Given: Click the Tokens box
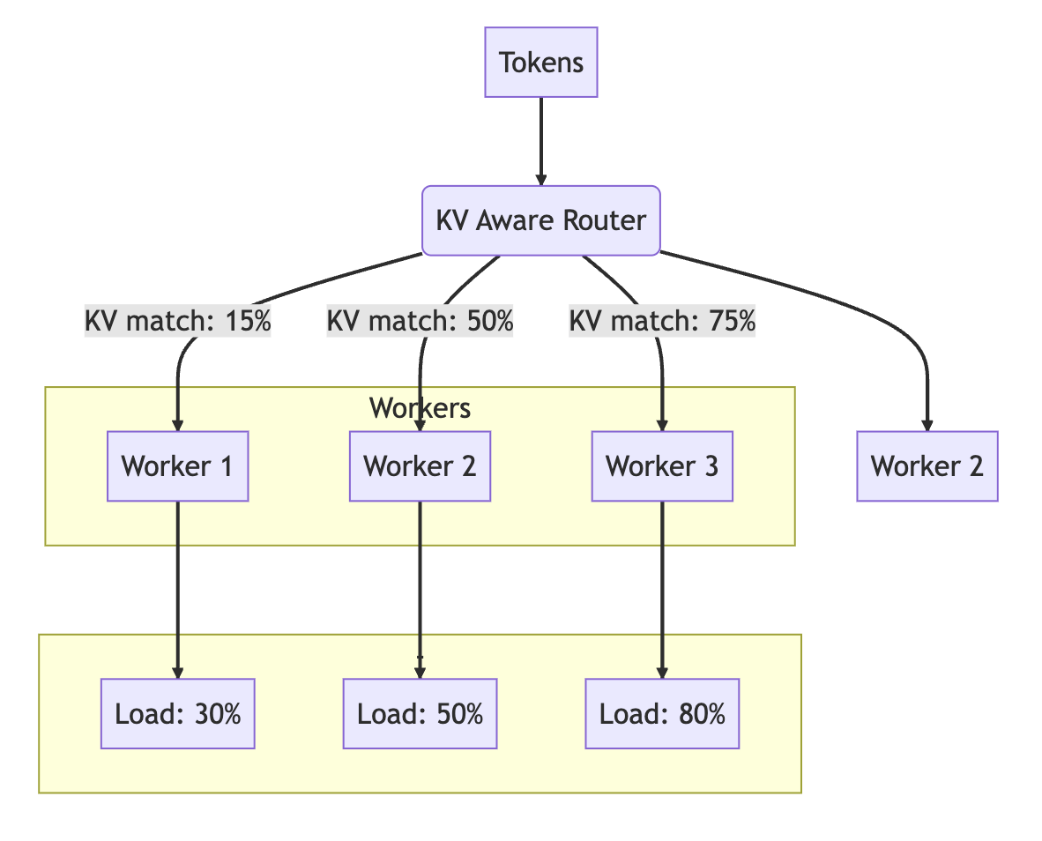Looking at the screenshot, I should pos(540,63).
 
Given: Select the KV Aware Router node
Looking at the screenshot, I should pos(540,220).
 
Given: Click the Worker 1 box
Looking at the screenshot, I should pos(177,465).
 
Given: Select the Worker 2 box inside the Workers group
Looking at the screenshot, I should pos(420,465).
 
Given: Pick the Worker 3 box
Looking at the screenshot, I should pos(662,465).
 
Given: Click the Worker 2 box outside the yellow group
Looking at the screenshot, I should pos(927,465).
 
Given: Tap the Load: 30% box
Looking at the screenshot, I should pos(177,713).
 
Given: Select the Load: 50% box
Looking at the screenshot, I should pos(420,713).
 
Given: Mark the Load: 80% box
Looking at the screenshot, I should pos(662,713).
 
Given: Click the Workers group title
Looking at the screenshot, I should pos(420,408).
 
